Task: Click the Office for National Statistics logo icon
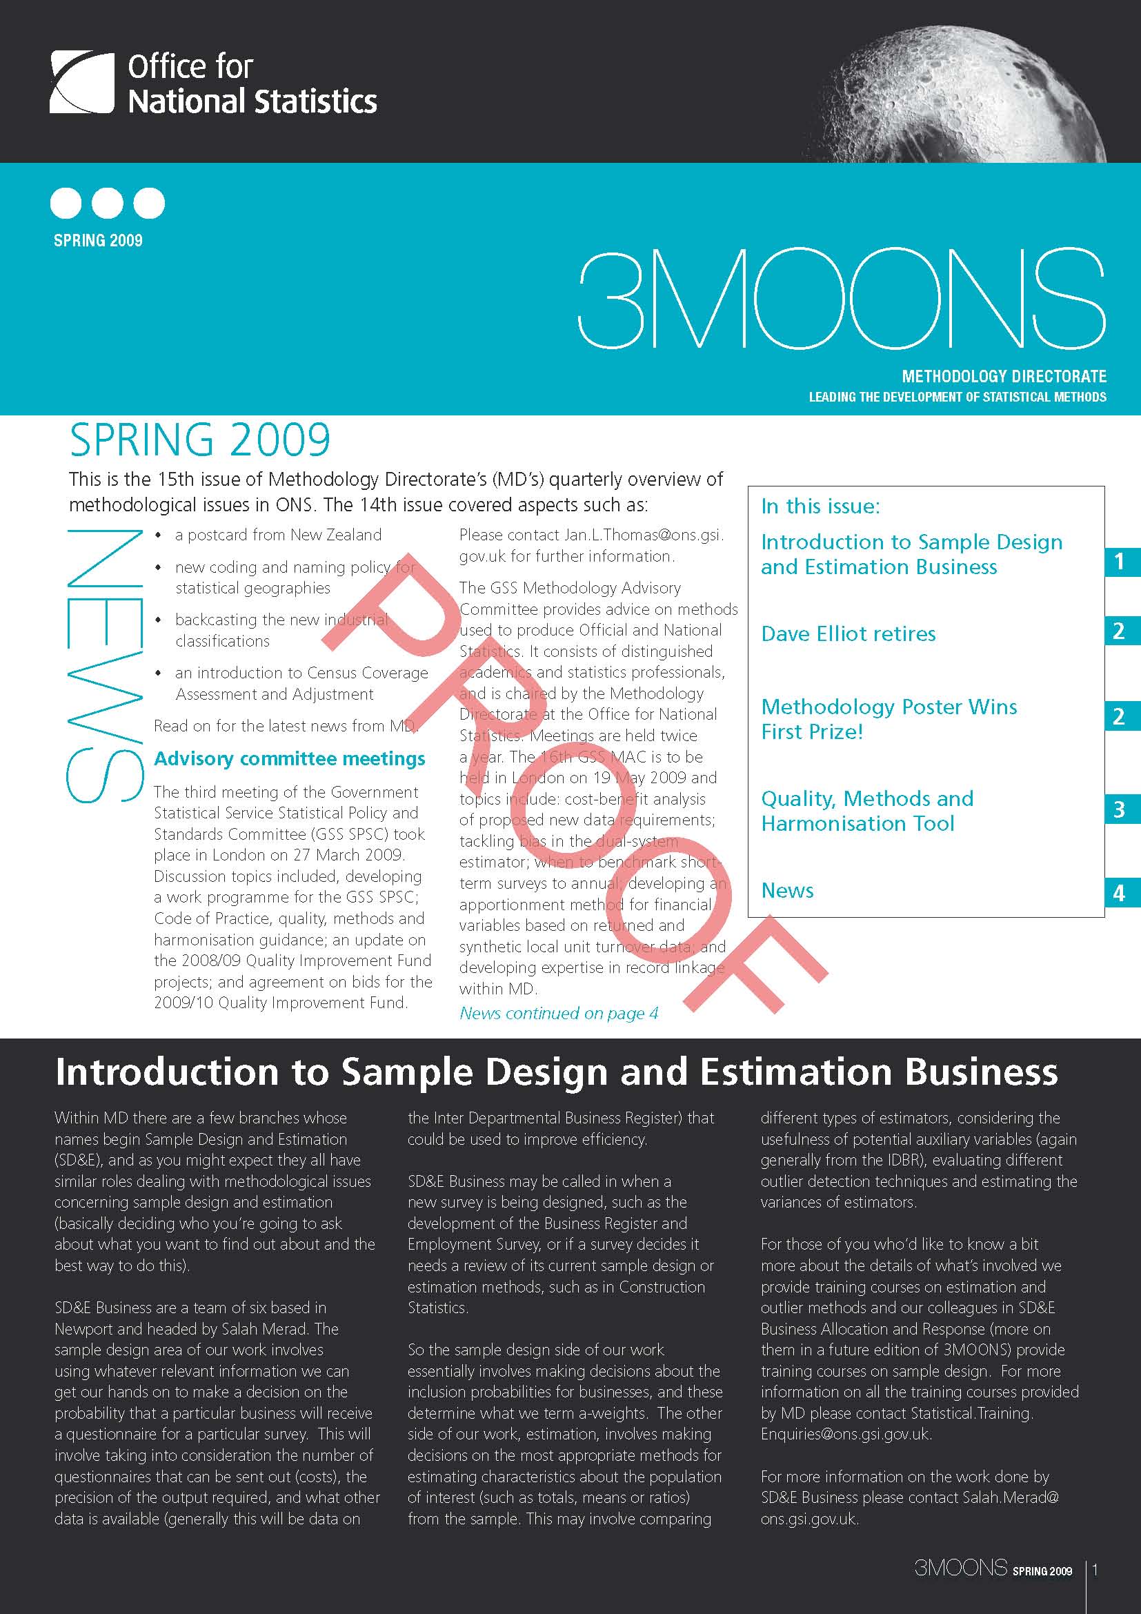[81, 82]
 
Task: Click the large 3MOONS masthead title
[841, 298]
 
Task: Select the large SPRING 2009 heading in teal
[199, 440]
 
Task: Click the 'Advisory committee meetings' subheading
[290, 758]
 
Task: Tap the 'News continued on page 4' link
[559, 1013]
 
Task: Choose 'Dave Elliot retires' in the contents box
[848, 633]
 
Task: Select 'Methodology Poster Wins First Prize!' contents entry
[889, 718]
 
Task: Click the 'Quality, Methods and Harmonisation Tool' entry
[867, 811]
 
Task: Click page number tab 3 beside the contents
[1119, 810]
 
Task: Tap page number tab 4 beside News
[1119, 894]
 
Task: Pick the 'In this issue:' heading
[820, 506]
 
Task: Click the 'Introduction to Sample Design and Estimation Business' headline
[557, 1073]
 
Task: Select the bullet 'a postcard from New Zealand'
[277, 535]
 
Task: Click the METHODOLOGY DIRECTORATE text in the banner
[1003, 377]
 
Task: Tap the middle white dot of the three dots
[108, 203]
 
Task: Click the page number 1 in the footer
[1095, 1570]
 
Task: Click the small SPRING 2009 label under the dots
[99, 240]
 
